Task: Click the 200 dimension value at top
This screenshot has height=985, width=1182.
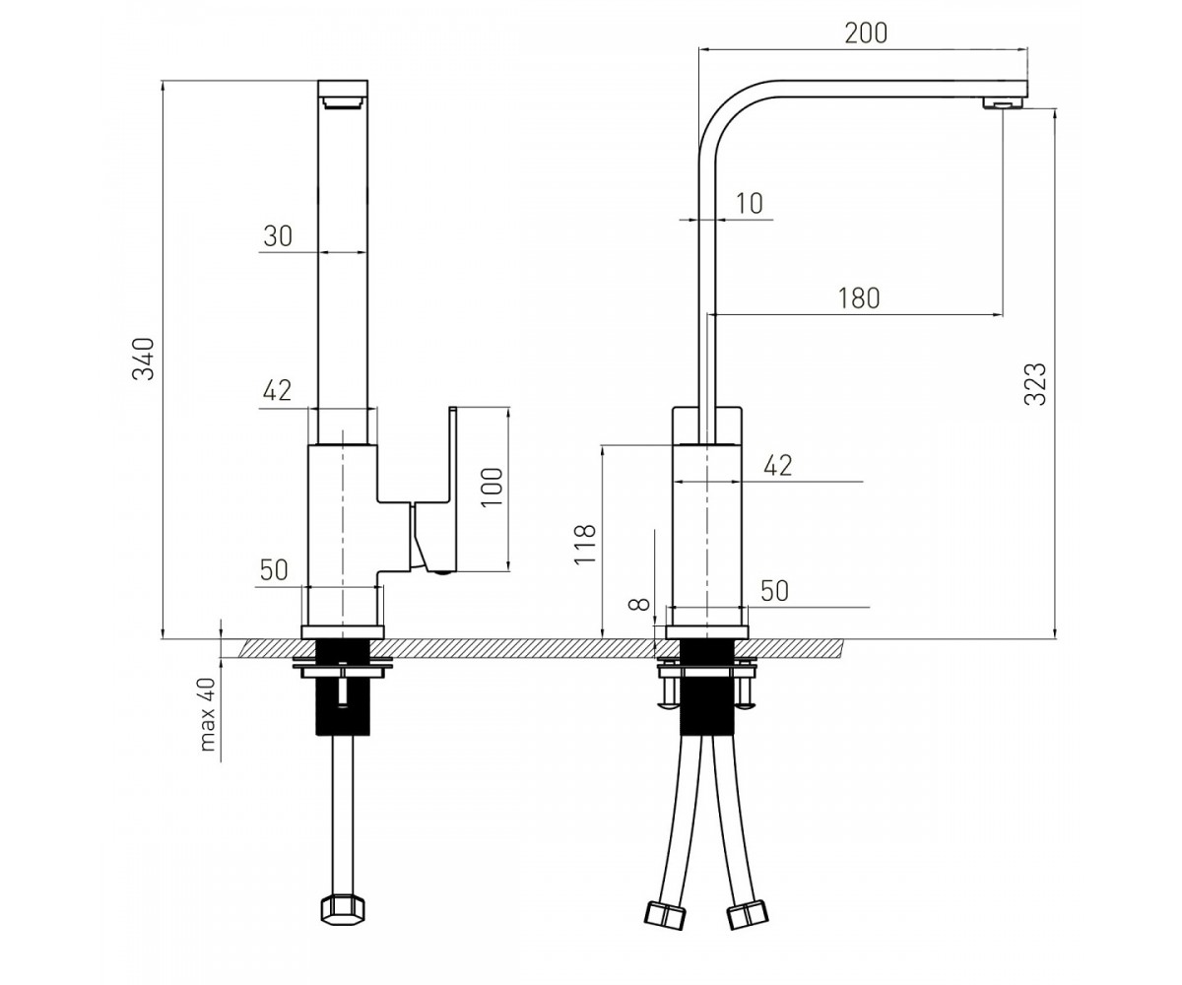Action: click(866, 33)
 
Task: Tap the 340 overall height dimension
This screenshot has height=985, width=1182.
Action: click(143, 359)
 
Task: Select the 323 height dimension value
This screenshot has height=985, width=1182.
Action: click(1035, 384)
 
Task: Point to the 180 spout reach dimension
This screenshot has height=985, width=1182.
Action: click(858, 298)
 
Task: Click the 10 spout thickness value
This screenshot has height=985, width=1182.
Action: click(750, 203)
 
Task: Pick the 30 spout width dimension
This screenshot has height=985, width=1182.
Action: click(278, 236)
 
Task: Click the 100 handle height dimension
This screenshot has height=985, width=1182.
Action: click(492, 488)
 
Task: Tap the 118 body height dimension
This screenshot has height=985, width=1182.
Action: click(585, 544)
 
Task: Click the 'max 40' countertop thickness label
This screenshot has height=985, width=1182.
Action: click(208, 715)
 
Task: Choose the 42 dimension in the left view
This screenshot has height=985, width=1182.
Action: click(277, 390)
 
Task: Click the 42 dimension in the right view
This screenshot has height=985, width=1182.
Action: click(778, 465)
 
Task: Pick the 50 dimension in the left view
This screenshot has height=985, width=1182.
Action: click(274, 570)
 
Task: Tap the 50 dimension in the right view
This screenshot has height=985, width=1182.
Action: click(774, 591)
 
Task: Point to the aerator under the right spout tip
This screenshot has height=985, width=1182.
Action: click(1003, 102)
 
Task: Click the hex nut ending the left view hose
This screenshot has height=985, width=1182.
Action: click(343, 910)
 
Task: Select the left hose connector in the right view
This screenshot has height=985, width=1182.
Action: click(665, 914)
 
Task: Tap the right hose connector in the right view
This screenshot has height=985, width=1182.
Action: click(748, 914)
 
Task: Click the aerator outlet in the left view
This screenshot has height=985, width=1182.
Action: click(343, 101)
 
